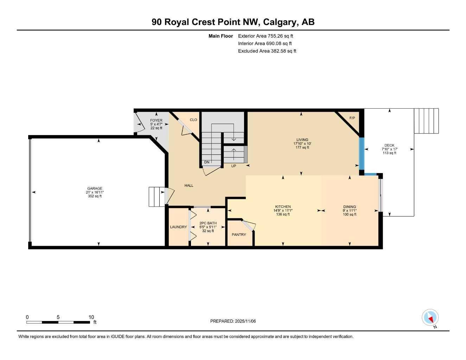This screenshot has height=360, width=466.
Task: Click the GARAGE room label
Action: click(x=95, y=188)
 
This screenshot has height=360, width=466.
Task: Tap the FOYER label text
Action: click(x=156, y=121)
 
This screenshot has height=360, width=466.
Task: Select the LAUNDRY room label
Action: click(x=178, y=227)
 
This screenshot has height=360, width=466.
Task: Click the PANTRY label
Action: click(x=239, y=234)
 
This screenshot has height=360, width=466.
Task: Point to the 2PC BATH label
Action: click(x=208, y=223)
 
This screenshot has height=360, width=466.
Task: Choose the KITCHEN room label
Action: click(x=283, y=207)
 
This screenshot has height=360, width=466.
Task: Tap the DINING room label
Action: click(x=350, y=207)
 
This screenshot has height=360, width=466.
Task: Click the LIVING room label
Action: click(x=302, y=140)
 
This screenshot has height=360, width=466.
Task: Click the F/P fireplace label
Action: click(x=352, y=118)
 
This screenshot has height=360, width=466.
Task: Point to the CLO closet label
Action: click(x=193, y=120)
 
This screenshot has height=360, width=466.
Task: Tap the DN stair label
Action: click(x=207, y=162)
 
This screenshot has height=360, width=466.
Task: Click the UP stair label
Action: click(x=234, y=166)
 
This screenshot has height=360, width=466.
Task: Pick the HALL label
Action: click(x=189, y=186)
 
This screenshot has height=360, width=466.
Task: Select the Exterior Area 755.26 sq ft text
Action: click(x=266, y=36)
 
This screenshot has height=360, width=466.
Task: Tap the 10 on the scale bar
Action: click(x=91, y=317)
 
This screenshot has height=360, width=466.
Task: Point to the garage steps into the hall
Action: click(x=157, y=197)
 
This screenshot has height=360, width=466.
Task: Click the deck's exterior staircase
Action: click(x=426, y=121)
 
